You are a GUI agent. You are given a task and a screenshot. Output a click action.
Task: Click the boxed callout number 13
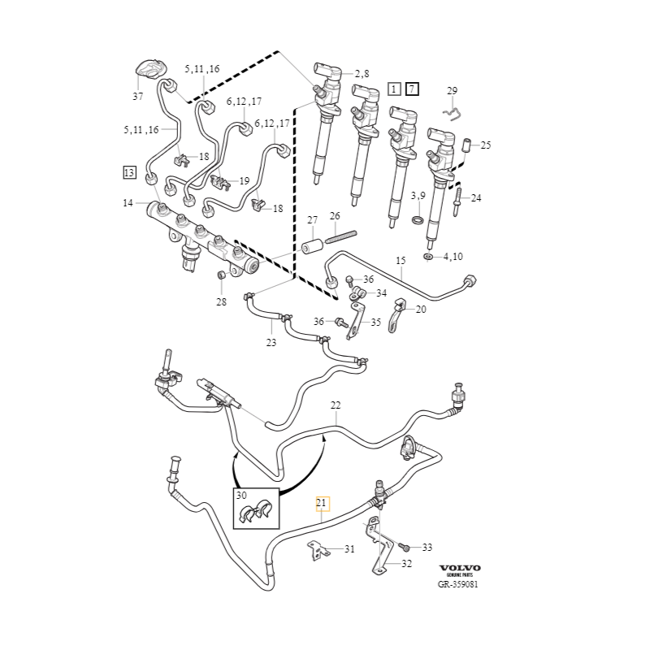129,172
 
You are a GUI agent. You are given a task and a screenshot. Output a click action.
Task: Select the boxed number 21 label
321,503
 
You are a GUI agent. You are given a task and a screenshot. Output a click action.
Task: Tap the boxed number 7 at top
412,89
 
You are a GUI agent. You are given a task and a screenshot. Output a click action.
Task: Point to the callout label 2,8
361,74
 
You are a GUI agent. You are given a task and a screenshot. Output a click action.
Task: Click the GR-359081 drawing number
459,583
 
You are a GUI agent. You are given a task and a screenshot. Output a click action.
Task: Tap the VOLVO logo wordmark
460,568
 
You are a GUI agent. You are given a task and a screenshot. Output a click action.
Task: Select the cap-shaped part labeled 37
150,71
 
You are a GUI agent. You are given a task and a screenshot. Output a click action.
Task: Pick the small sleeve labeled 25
466,146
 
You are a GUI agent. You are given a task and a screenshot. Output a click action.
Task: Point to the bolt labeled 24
459,197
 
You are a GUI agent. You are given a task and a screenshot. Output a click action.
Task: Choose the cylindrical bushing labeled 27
310,246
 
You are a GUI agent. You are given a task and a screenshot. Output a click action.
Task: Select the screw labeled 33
404,548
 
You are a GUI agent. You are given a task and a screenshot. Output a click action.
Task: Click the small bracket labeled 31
318,551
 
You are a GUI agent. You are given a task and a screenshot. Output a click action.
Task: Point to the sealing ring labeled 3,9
417,220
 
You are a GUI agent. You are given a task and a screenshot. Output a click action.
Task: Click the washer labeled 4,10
428,257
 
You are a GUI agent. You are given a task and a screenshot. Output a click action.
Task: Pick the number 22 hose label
335,405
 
